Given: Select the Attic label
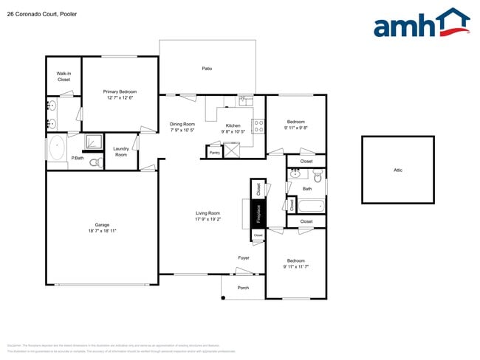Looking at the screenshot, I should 397,170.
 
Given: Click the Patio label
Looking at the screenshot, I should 208,69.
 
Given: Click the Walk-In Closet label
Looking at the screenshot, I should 64,76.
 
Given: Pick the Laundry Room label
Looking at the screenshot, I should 120,151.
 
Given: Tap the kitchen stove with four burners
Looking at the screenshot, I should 258,126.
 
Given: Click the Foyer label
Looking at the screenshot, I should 243,258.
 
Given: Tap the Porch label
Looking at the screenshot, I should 242,288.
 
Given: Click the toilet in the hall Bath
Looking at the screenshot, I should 318,177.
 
